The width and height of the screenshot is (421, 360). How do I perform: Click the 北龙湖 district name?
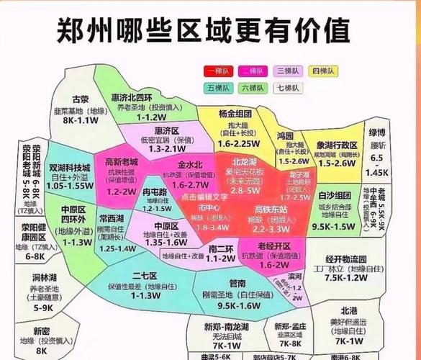[x=245, y=162]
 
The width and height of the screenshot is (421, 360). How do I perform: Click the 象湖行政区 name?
[x=337, y=144]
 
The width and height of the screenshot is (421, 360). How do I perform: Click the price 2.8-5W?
[x=245, y=190]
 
